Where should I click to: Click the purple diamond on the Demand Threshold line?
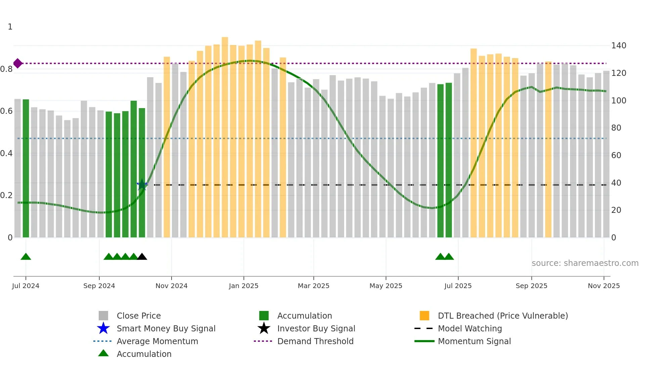(x=18, y=63)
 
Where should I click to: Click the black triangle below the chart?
(x=142, y=257)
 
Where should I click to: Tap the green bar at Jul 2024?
(x=26, y=168)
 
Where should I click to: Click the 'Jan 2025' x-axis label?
(x=243, y=286)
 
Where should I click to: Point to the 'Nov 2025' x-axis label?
(x=604, y=286)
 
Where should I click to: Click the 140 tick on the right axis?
(x=618, y=46)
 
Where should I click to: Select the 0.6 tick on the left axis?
(x=6, y=111)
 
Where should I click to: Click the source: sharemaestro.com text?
(x=585, y=263)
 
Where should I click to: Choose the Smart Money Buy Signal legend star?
(x=103, y=328)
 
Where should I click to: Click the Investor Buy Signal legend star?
(x=264, y=328)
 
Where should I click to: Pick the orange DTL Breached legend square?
(x=424, y=316)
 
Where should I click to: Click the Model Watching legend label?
(x=470, y=328)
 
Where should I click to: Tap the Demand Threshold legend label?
(x=315, y=341)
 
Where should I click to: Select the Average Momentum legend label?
(x=157, y=341)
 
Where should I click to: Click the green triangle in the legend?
(x=103, y=353)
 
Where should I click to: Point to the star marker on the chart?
(x=142, y=184)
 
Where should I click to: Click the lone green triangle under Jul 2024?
(x=26, y=257)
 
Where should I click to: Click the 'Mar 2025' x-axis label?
(x=314, y=286)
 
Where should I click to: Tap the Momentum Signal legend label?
(x=474, y=341)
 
